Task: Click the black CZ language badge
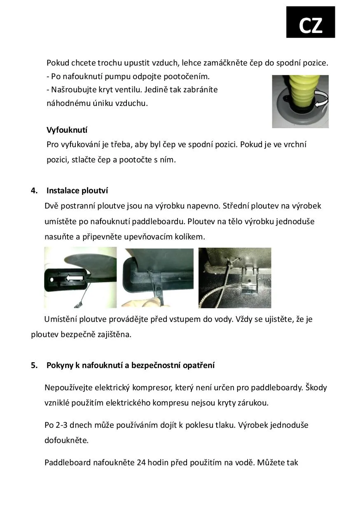(x=311, y=22)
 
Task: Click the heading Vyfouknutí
(x=67, y=130)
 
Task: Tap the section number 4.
(x=34, y=190)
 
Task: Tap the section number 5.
(x=34, y=365)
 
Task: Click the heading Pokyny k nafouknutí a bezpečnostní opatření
(x=130, y=365)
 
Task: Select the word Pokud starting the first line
(x=58, y=63)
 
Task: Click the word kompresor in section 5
(x=152, y=387)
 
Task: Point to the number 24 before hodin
(x=141, y=462)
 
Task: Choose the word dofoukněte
(x=66, y=440)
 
